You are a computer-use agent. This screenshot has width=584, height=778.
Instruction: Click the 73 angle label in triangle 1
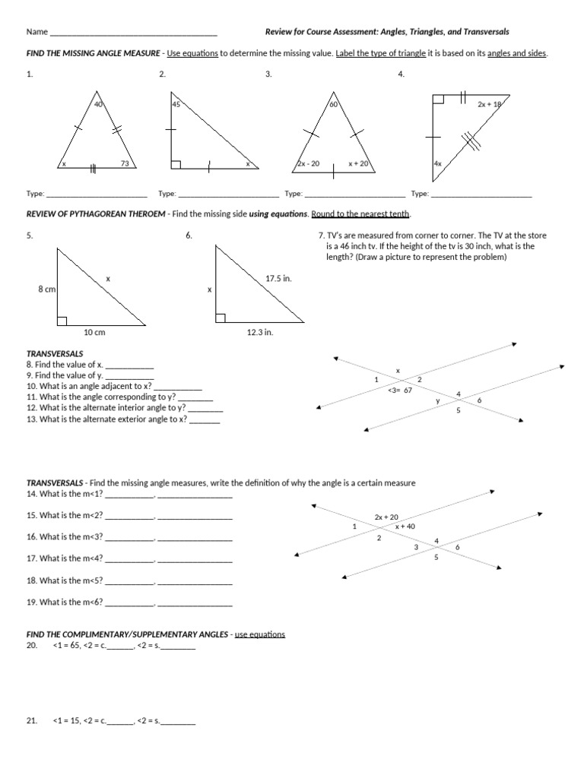tap(125, 163)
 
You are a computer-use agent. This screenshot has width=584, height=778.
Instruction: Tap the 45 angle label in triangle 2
tap(176, 105)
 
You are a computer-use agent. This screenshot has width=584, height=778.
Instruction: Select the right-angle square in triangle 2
tap(176, 164)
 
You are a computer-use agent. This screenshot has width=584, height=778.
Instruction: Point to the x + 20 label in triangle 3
tap(358, 163)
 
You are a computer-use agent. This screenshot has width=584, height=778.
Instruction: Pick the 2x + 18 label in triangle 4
tap(490, 105)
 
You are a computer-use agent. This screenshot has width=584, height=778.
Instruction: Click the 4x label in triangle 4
tap(437, 163)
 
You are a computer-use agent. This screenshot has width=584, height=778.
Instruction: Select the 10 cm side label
tap(94, 332)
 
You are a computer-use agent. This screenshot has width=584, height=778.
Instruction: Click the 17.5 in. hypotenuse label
tap(278, 279)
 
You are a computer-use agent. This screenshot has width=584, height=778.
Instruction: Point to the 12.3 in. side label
tap(259, 332)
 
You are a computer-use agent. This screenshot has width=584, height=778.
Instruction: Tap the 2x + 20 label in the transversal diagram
tap(386, 517)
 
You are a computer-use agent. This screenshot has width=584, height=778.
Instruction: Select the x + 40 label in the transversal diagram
tap(405, 527)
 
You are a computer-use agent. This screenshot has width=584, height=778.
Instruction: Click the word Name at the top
tap(36, 32)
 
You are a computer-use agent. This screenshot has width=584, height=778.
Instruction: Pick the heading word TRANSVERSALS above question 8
tap(55, 354)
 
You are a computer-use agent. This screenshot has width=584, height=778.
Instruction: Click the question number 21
tap(31, 721)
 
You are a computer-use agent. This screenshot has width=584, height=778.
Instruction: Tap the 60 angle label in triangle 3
tap(333, 105)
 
